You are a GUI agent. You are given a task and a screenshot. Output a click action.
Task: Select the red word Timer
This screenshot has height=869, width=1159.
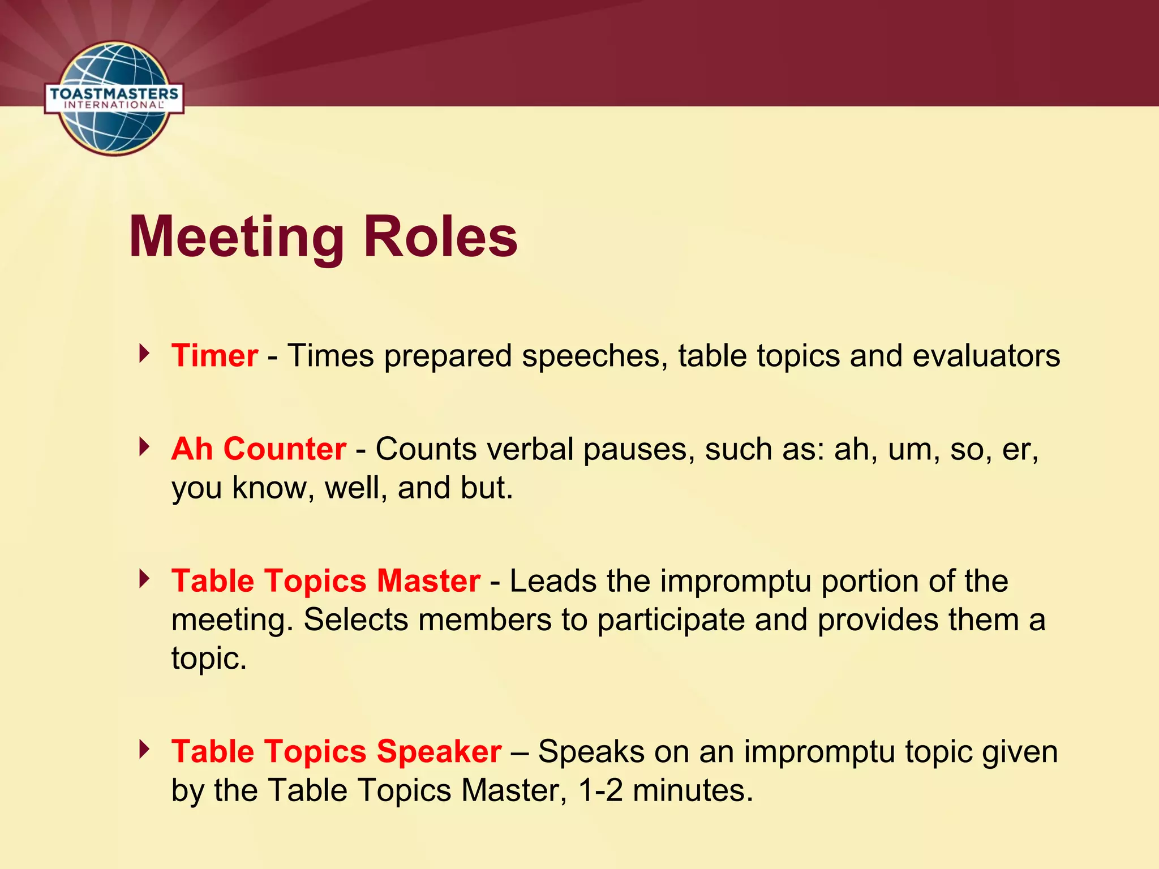tap(215, 356)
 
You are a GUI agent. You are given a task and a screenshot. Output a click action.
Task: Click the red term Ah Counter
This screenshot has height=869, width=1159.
tap(259, 449)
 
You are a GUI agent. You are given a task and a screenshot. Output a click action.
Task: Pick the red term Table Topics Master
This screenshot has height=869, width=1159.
tap(326, 581)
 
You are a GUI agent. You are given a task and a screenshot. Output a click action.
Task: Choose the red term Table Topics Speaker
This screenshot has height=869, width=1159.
tap(337, 752)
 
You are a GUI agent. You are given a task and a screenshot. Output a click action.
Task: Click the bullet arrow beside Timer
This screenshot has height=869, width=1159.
tap(145, 354)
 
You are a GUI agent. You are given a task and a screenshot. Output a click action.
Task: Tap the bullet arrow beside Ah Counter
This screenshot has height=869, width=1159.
tap(145, 447)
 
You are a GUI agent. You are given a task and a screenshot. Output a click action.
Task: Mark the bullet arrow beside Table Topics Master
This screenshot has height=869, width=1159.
tap(145, 579)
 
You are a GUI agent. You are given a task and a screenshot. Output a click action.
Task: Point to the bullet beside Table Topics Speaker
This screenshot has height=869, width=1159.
tap(145, 750)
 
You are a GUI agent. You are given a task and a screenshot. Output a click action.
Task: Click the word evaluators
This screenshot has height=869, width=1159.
tap(986, 356)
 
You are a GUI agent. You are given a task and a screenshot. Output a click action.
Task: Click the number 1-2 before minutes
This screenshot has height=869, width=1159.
tap(600, 790)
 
